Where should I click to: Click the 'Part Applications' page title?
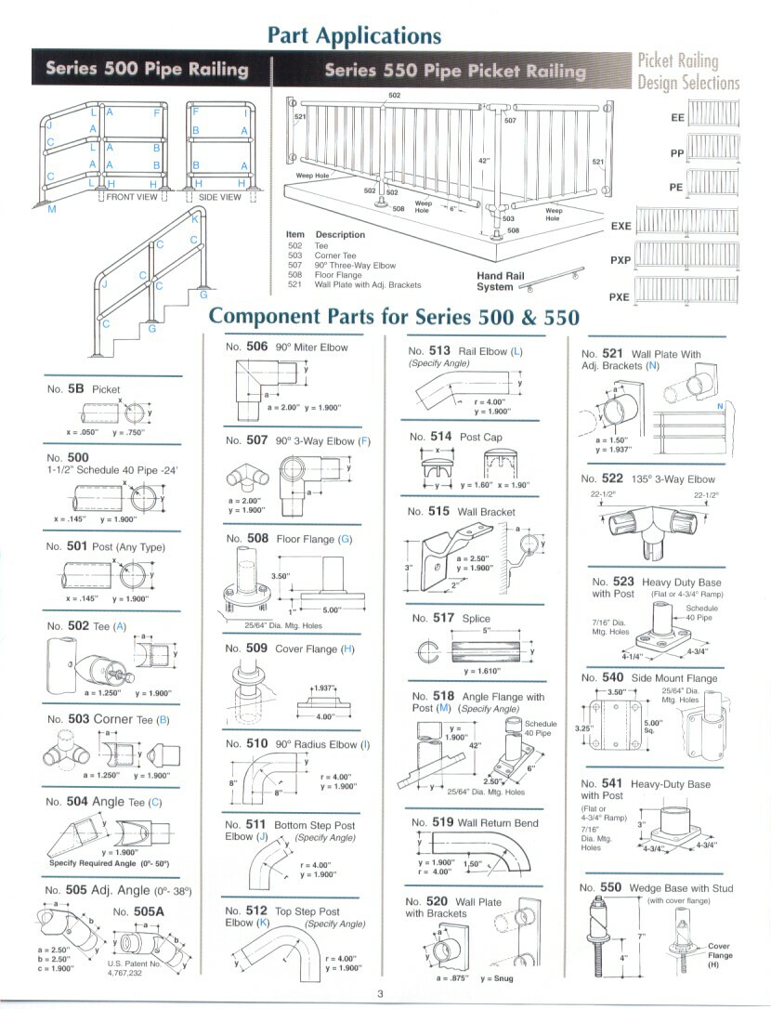coord(354,35)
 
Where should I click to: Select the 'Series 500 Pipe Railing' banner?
coord(147,70)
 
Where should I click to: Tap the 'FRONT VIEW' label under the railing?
coord(132,197)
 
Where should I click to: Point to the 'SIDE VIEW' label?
coord(220,197)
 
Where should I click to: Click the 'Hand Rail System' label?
coord(501,282)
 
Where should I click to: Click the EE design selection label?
coord(676,119)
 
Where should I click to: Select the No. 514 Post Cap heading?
coord(455,436)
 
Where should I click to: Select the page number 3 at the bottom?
coord(380,995)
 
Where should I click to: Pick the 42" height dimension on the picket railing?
coord(483,161)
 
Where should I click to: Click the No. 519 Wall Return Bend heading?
coord(472,822)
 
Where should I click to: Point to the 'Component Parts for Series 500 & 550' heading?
coord(394,316)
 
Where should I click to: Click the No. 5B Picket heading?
coord(83,389)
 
